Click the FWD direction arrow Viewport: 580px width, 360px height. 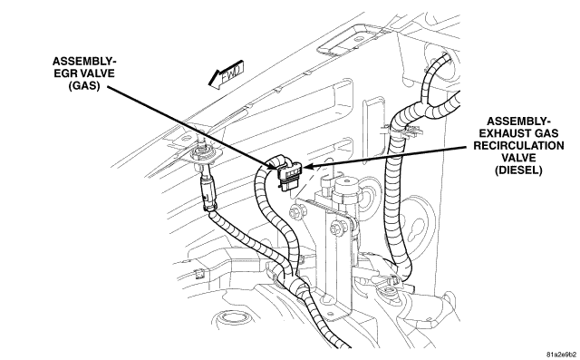[x=226, y=74]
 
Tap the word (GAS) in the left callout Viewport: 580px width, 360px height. [x=84, y=85]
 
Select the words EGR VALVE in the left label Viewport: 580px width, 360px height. [x=84, y=73]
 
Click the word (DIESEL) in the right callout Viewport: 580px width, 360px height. [x=518, y=170]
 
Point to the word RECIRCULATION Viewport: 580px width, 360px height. [x=518, y=145]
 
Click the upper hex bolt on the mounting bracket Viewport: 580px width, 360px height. [x=297, y=213]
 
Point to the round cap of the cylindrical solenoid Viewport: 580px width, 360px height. [x=347, y=184]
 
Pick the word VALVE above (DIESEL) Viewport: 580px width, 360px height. [x=518, y=158]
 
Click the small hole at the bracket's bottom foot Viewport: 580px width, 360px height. [x=324, y=297]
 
